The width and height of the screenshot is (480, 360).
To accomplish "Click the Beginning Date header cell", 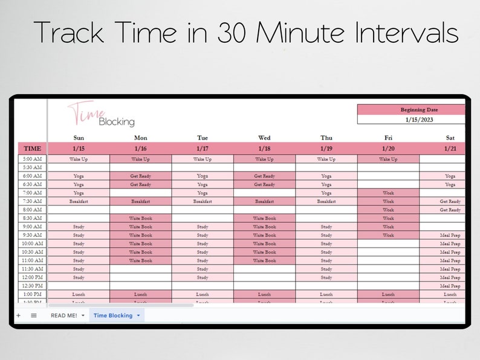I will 411,110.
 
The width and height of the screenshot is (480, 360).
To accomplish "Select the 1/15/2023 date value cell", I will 411,120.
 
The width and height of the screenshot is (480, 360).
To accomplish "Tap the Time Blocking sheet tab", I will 112,315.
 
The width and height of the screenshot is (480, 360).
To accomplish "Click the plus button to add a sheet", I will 18,315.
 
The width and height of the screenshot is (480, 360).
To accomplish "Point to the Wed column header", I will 264,138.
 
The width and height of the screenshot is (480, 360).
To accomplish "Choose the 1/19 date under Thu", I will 326,148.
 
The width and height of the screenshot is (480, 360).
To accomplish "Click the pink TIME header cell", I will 33,148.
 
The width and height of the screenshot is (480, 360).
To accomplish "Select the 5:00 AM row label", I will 33,159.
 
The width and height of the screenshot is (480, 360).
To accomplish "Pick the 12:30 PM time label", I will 33,286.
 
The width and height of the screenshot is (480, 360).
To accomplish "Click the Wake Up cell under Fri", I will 388,159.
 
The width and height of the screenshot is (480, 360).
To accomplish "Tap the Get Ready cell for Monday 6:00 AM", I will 140,176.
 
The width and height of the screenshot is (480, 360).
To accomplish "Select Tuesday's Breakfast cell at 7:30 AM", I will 203,201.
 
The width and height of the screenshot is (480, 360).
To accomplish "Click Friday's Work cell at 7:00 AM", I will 388,193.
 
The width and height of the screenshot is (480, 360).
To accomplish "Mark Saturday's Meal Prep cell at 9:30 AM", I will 450,235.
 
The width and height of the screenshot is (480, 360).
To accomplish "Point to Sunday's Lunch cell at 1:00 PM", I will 79,294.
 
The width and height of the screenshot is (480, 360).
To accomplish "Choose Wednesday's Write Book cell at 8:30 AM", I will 264,218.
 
